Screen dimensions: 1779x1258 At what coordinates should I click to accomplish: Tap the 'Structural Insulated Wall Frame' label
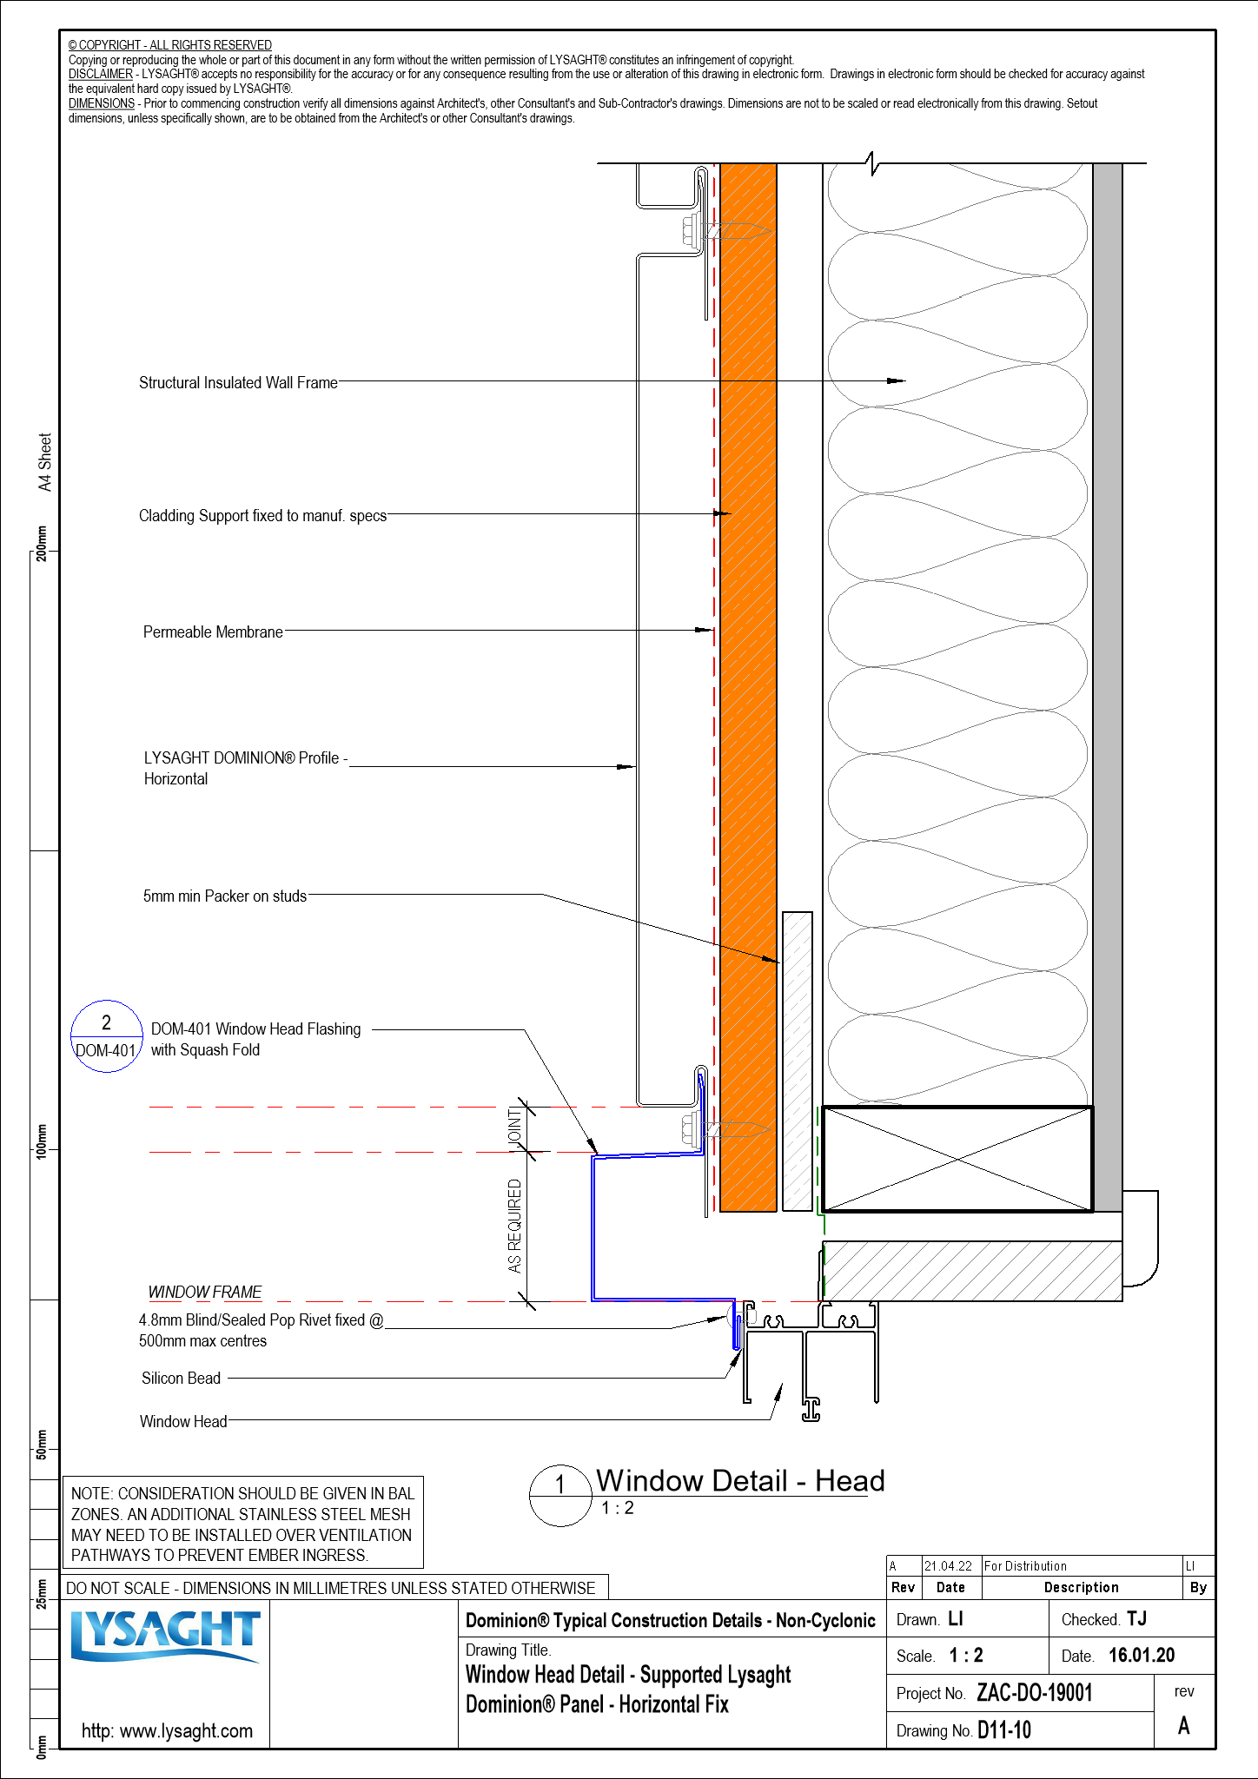click(238, 383)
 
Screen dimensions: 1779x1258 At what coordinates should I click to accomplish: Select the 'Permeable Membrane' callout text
click(213, 632)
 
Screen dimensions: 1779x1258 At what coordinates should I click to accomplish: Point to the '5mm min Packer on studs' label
click(225, 896)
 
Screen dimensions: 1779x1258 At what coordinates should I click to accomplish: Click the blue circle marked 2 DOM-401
click(106, 1036)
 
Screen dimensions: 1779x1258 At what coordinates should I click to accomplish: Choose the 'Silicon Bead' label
click(181, 1379)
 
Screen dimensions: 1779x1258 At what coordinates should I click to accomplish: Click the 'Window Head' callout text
click(183, 1422)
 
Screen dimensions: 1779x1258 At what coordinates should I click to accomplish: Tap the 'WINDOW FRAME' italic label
click(205, 1293)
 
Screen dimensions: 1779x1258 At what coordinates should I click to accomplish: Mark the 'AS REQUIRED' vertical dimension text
click(515, 1226)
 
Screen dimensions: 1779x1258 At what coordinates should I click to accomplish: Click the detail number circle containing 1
click(560, 1496)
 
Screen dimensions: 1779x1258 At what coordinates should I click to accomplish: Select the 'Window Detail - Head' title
click(740, 1481)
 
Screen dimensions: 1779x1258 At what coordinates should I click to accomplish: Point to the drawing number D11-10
click(1004, 1730)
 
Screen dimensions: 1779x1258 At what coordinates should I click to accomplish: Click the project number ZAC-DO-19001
click(1034, 1693)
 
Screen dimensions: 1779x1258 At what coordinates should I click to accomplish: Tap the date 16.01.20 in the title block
click(1142, 1656)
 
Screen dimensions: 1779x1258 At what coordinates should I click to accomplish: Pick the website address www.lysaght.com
click(167, 1731)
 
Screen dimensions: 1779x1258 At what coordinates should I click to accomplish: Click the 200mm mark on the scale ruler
click(42, 544)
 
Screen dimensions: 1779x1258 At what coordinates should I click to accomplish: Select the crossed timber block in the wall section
click(957, 1159)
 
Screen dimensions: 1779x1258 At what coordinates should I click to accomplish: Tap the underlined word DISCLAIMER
click(101, 75)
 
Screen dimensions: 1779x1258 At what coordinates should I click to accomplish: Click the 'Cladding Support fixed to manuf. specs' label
click(262, 516)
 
